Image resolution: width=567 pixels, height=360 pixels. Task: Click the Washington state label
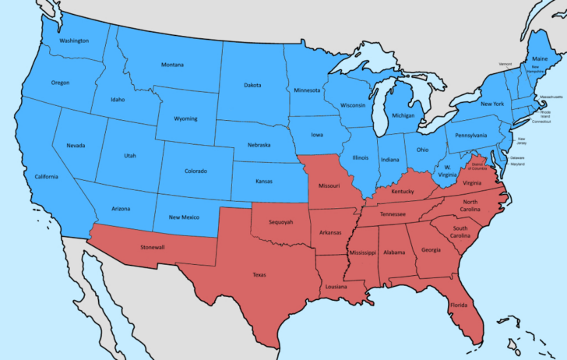tap(74, 40)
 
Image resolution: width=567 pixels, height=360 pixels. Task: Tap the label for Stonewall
tap(152, 247)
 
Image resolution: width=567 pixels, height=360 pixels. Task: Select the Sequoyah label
tap(280, 222)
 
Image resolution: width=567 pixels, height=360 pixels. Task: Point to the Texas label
tap(259, 274)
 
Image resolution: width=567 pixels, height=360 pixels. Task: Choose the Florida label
tap(458, 305)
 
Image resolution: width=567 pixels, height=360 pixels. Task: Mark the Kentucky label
tap(403, 191)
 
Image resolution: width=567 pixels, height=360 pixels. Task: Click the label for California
tap(46, 177)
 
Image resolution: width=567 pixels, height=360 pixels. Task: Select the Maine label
tap(539, 58)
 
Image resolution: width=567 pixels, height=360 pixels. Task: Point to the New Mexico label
tap(185, 217)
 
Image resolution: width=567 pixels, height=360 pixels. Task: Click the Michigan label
tap(403, 115)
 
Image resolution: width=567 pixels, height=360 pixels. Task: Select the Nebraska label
tap(259, 145)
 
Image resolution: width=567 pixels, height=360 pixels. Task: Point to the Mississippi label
tap(362, 253)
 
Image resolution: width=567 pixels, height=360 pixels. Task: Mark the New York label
tap(492, 104)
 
